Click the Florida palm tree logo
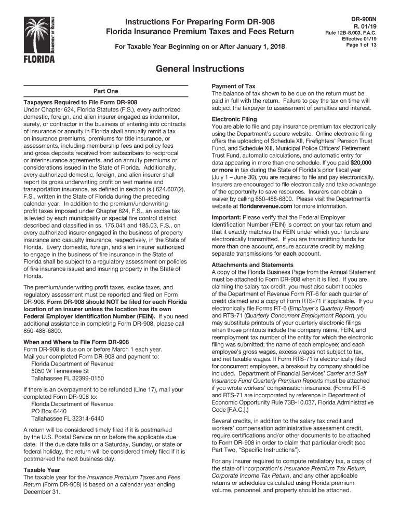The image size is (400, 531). point(39,37)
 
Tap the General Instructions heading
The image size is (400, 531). point(200,68)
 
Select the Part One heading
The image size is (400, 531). point(105,91)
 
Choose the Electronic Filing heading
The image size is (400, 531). point(234,119)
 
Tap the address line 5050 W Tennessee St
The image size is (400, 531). point(60,371)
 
